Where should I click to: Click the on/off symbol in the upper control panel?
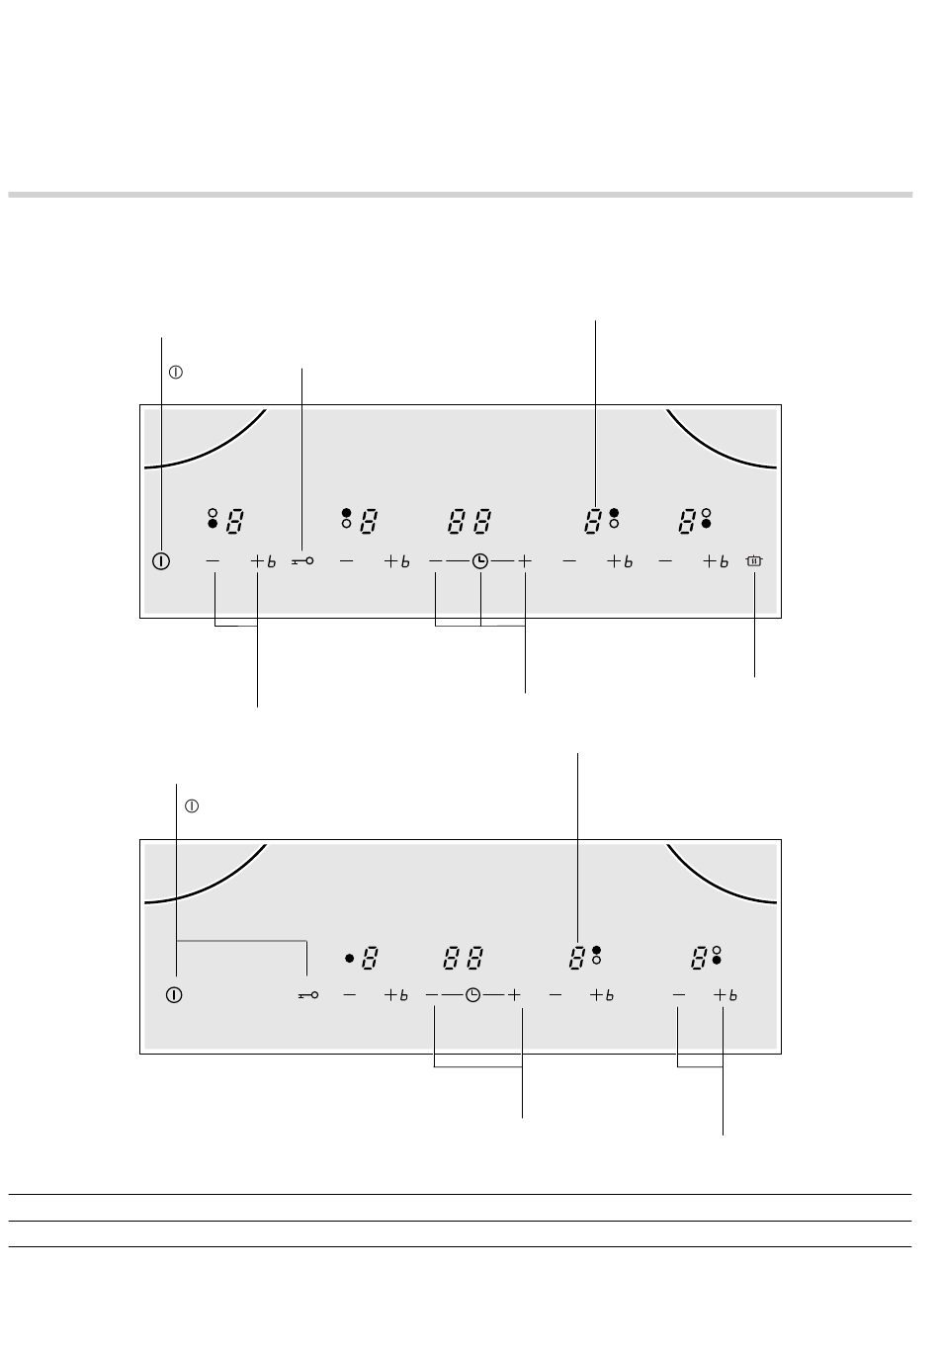pos(161,561)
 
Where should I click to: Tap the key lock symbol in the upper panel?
pos(303,561)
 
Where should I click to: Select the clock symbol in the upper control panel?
pos(480,561)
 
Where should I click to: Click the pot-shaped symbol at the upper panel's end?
pos(755,561)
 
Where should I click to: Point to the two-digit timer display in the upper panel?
pos(469,521)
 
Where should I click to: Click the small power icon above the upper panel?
pos(176,374)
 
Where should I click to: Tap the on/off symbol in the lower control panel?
pos(175,995)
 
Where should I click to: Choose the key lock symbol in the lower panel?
pos(307,995)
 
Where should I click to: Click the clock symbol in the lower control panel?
pos(474,995)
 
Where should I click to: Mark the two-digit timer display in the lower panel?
pos(463,958)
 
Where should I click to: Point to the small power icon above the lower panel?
pos(192,806)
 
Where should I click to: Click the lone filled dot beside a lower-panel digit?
pos(349,958)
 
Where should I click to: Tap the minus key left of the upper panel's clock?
pos(436,561)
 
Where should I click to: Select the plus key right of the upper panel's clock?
pos(525,561)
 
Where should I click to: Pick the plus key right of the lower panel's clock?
pos(515,995)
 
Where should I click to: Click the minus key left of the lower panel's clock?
pos(433,995)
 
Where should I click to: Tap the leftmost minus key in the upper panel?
pos(213,561)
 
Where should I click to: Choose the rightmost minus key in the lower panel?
pos(679,995)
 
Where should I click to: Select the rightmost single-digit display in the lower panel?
pos(699,958)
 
